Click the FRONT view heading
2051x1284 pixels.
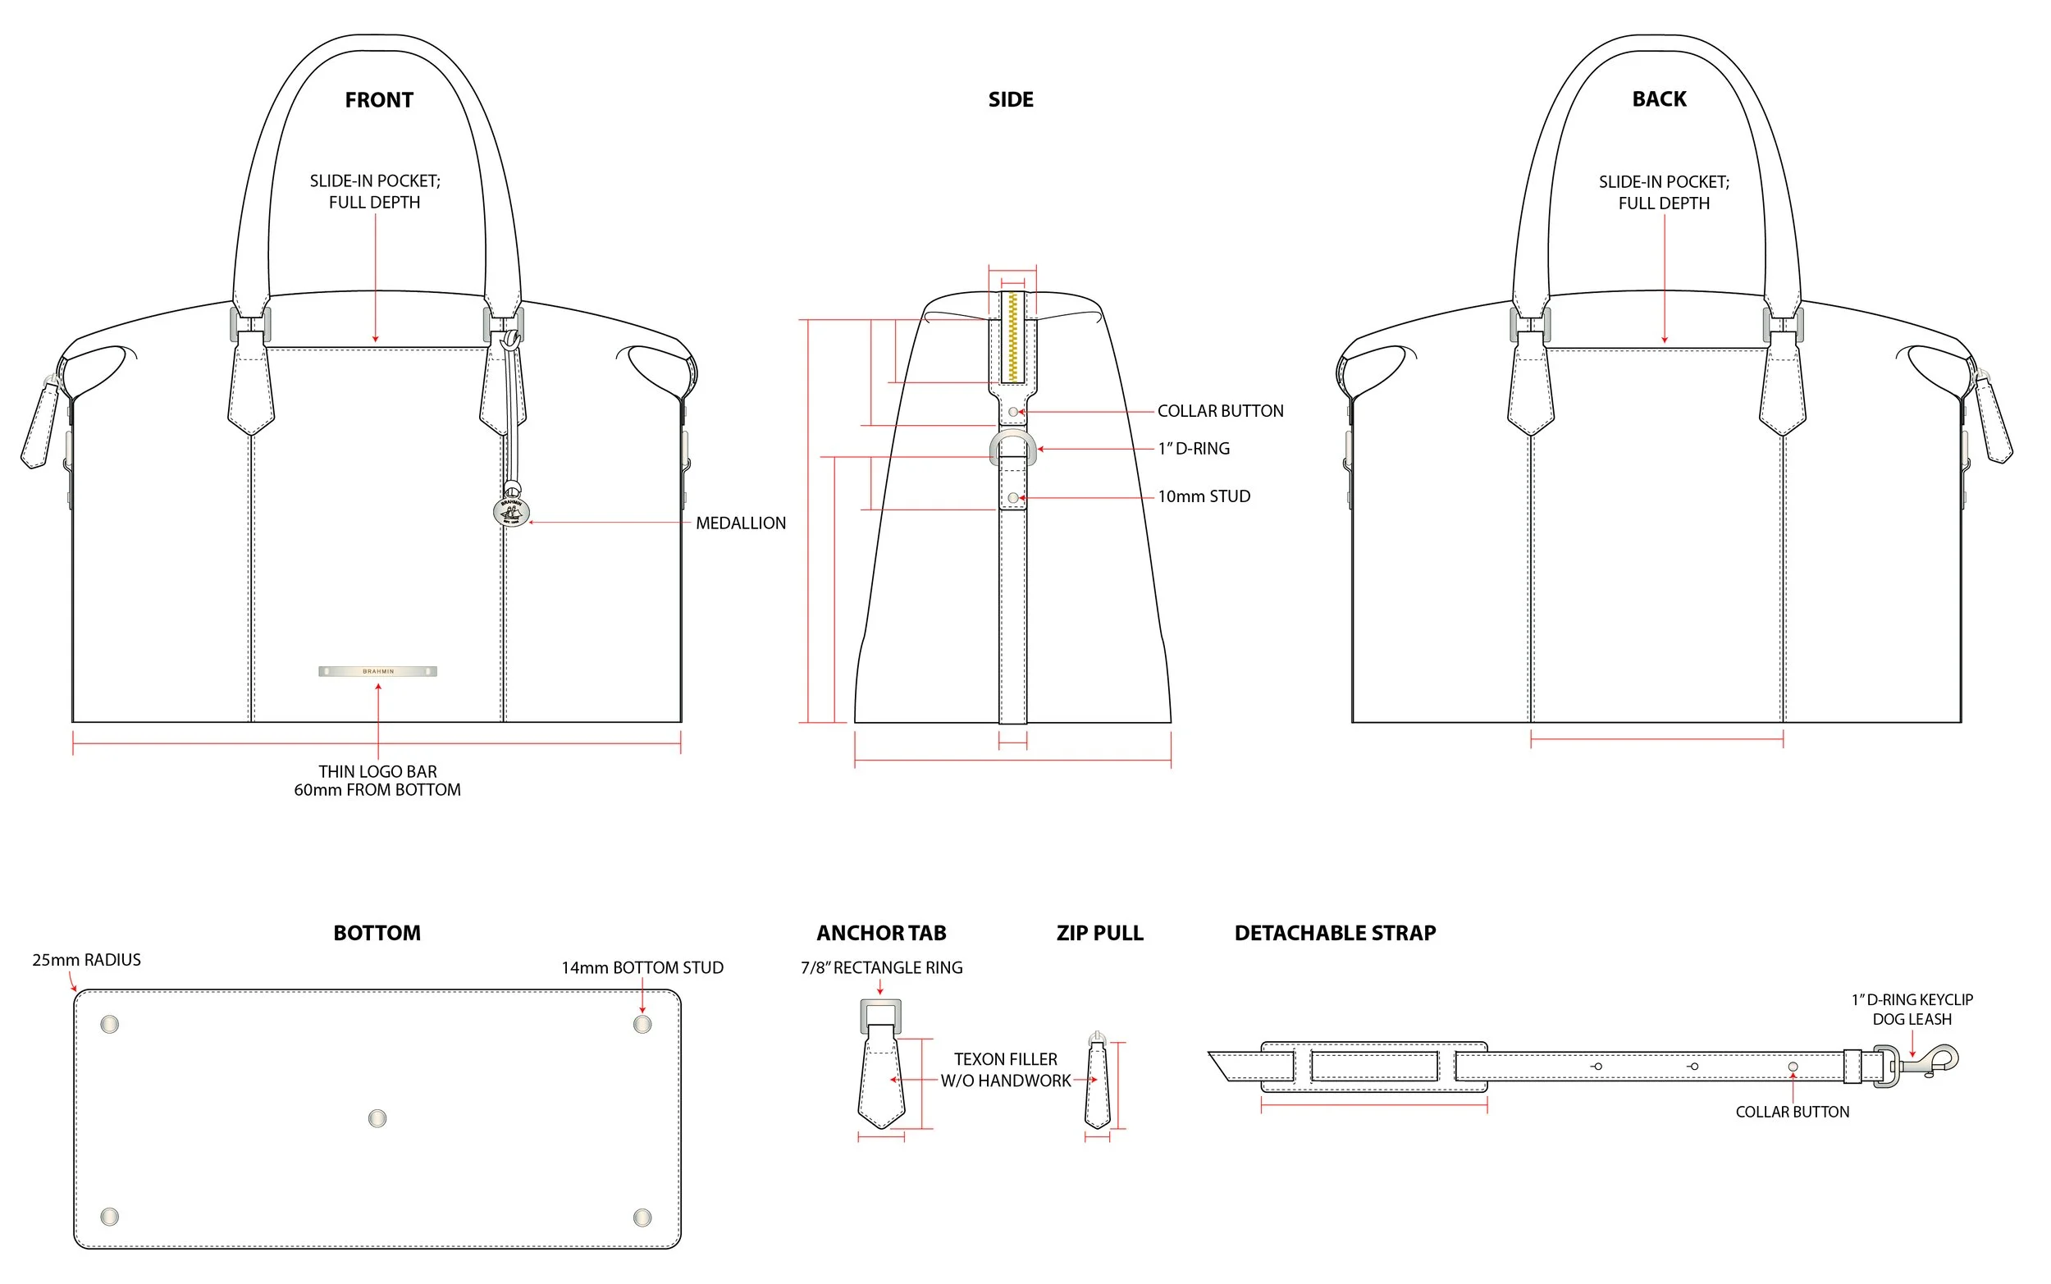click(x=379, y=100)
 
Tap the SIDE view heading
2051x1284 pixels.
click(x=1010, y=99)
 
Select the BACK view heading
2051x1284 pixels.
click(x=1659, y=98)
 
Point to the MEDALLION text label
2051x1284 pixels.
click(x=740, y=523)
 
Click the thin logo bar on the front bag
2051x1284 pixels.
click(x=377, y=671)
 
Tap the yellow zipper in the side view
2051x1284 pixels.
click(x=1012, y=337)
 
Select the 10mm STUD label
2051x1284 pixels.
click(x=1204, y=497)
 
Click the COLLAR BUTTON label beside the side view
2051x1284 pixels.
click(x=1220, y=411)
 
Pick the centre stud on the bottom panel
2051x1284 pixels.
click(x=377, y=1118)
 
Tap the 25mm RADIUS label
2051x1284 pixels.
click(x=87, y=960)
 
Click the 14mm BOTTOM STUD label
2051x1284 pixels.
click(x=642, y=967)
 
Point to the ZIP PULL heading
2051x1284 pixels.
click(x=1099, y=934)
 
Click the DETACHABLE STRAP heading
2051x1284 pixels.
click(x=1335, y=934)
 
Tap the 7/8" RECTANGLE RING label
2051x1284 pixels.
click(x=881, y=967)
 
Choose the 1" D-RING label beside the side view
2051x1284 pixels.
click(x=1194, y=449)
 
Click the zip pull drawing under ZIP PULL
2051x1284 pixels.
click(x=1098, y=1081)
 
